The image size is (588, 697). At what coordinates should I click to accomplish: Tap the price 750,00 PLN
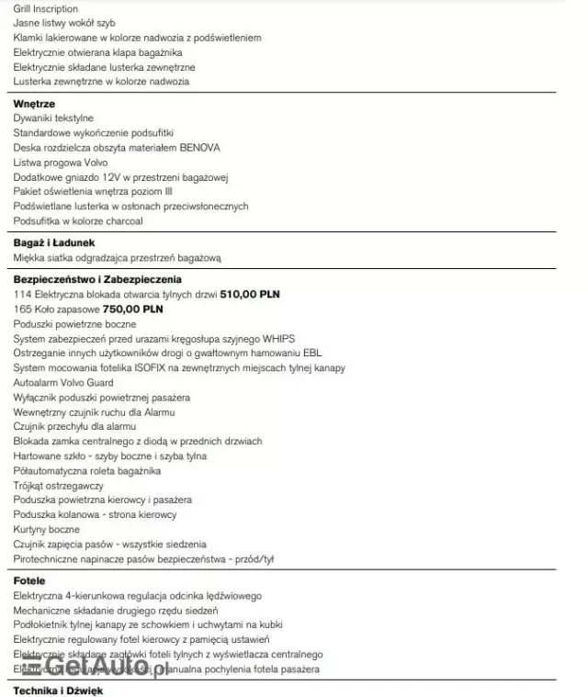tap(134, 309)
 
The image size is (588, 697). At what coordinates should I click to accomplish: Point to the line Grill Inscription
tap(45, 8)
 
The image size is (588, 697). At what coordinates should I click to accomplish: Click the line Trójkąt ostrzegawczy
tap(59, 486)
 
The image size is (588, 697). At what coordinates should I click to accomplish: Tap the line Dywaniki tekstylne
tap(53, 118)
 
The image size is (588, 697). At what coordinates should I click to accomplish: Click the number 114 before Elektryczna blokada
tap(22, 295)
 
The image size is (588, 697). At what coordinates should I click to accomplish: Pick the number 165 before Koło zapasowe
tap(22, 309)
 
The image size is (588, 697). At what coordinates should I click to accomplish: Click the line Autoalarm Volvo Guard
tap(64, 383)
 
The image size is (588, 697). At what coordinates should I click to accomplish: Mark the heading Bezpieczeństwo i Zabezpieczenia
tap(97, 279)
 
